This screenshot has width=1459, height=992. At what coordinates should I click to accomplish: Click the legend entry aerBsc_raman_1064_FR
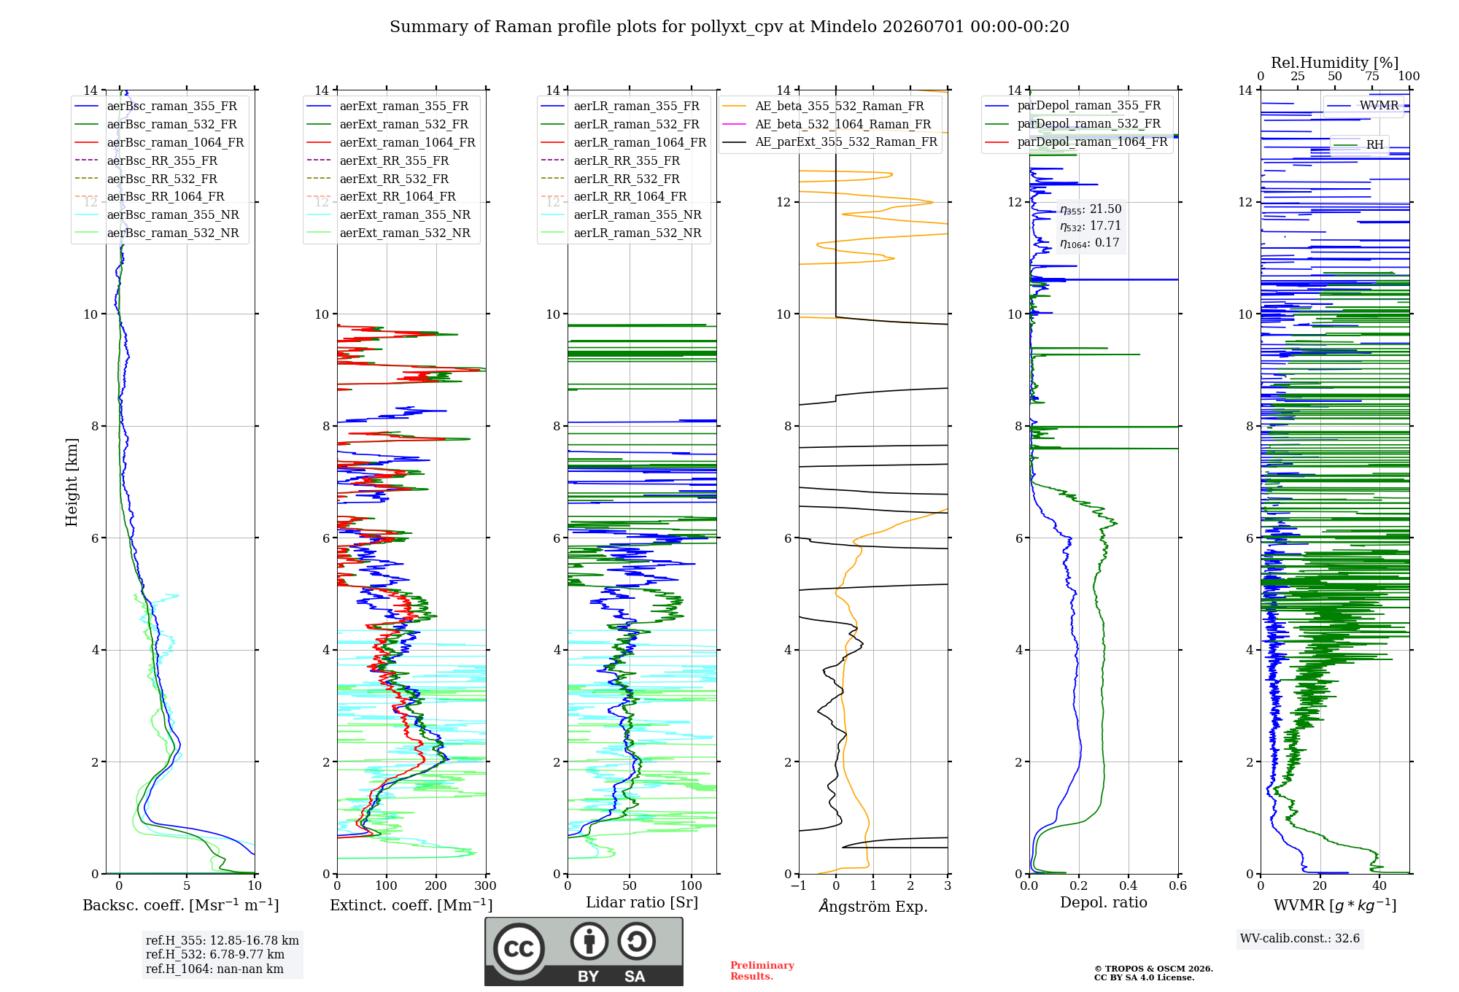[x=159, y=142]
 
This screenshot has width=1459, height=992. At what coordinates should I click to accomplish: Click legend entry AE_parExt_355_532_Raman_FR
[x=830, y=142]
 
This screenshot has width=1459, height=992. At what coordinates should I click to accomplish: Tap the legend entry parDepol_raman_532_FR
[x=1072, y=124]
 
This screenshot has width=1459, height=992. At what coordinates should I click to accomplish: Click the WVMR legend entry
[x=1363, y=106]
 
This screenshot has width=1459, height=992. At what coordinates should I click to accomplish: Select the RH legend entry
[x=1359, y=144]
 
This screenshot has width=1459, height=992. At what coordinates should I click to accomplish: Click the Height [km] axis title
[x=71, y=482]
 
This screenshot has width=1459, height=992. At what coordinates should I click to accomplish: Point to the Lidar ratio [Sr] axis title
[x=642, y=902]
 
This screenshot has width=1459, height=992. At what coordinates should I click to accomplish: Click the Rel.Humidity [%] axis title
[x=1335, y=63]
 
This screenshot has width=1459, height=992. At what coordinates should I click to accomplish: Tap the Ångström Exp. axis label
[x=873, y=906]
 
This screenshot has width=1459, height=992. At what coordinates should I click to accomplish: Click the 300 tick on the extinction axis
[x=485, y=886]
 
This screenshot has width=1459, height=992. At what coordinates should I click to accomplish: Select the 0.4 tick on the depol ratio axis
[x=1129, y=886]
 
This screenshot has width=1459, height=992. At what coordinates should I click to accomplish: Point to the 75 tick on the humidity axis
[x=1372, y=77]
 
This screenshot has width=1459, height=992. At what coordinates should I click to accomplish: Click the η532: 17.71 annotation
[x=1091, y=226]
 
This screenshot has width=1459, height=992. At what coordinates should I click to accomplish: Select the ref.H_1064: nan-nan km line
[x=214, y=969]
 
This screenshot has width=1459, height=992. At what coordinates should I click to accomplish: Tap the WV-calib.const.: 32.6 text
[x=1300, y=938]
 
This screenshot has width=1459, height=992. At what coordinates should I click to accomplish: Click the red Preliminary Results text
[x=762, y=971]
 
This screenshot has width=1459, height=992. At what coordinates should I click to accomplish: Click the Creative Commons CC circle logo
[x=519, y=949]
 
